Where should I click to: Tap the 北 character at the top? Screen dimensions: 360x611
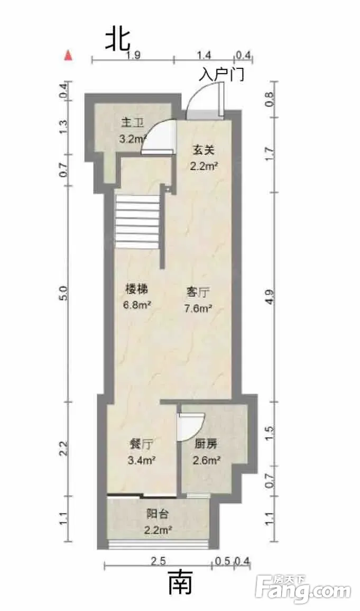[x=118, y=40]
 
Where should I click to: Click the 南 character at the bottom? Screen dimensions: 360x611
[x=180, y=582]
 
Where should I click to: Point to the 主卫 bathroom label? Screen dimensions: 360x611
[x=132, y=123]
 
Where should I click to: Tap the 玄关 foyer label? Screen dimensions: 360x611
[x=204, y=149]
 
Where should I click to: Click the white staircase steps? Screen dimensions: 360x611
[x=137, y=222]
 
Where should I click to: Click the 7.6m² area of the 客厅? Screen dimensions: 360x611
[x=198, y=309]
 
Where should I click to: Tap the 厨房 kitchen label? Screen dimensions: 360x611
[x=206, y=444]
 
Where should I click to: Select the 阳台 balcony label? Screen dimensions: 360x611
[x=158, y=514]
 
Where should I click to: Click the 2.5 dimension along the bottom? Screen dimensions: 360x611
[x=159, y=561]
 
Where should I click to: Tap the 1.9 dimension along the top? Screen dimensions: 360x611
[x=133, y=55]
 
